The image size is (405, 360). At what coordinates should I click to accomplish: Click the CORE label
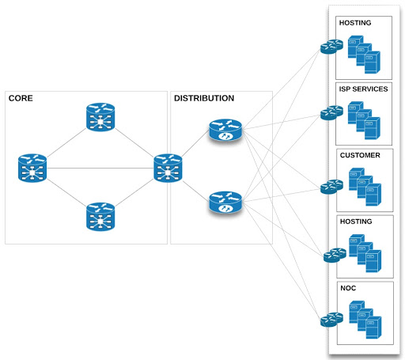point(21,98)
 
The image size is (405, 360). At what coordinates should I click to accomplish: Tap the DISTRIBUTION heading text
point(204,98)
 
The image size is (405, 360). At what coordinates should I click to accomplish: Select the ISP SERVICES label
point(363,89)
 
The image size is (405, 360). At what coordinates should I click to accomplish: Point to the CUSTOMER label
point(360,155)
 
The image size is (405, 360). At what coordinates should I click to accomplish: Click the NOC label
point(348,288)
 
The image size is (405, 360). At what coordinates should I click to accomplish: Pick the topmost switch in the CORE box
point(100,117)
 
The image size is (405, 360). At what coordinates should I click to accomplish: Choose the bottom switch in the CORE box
point(100,217)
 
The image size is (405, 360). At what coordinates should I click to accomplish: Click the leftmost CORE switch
point(32,168)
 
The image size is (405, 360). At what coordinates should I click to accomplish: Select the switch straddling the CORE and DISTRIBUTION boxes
point(168,168)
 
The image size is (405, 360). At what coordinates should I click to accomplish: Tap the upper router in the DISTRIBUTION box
point(225,130)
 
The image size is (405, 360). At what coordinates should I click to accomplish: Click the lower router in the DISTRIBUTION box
point(225,203)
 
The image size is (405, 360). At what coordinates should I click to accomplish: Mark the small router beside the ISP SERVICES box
point(331,113)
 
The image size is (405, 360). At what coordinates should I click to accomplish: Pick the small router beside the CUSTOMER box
point(331,187)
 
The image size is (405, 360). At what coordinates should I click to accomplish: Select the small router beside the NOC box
point(331,320)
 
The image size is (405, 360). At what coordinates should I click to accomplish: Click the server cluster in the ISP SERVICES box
point(364,120)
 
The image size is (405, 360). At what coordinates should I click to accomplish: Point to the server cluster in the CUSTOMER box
point(365,187)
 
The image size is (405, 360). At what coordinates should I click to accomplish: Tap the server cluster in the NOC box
point(365,320)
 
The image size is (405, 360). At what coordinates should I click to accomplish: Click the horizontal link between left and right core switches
point(100,168)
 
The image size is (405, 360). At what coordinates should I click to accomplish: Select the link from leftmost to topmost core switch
point(66,142)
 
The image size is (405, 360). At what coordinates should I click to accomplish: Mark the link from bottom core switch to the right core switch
point(134,193)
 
